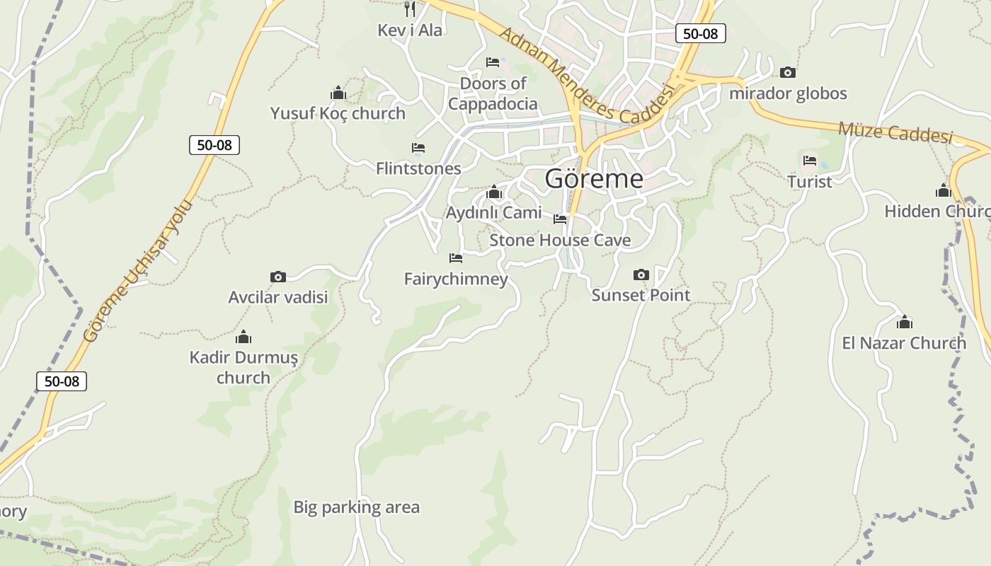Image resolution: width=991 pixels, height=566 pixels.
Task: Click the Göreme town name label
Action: pos(594,179)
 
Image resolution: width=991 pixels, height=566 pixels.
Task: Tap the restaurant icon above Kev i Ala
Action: pos(410,9)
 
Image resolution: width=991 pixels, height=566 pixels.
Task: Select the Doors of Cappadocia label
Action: pos(493,93)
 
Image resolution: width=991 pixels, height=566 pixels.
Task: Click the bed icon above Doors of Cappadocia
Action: pos(493,62)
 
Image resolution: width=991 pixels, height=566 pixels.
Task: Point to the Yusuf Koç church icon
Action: pos(338,93)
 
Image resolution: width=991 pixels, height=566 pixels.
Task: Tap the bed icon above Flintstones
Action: pos(418,148)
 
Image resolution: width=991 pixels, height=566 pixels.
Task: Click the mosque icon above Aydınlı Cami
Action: pos(494,192)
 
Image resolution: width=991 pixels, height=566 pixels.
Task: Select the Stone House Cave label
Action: pos(560,241)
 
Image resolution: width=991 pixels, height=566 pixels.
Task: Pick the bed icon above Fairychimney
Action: pos(456,258)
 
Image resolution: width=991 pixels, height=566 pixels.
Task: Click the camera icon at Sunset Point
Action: pos(641,275)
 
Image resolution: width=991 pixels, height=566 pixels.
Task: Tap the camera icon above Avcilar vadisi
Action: pos(278,277)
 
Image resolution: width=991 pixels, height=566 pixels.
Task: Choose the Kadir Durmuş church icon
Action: pos(244,337)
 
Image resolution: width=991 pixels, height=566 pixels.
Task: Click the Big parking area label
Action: pos(357,507)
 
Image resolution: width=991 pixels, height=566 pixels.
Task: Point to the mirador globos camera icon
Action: pos(787,73)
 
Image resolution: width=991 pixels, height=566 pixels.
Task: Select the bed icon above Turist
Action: pos(810,161)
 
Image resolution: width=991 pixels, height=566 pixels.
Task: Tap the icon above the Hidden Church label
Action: pos(943,191)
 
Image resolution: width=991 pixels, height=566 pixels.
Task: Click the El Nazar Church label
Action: pos(904,343)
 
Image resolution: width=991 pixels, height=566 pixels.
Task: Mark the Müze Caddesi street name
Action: pos(895,132)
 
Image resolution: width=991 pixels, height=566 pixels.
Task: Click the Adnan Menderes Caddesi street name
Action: pos(585,77)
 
